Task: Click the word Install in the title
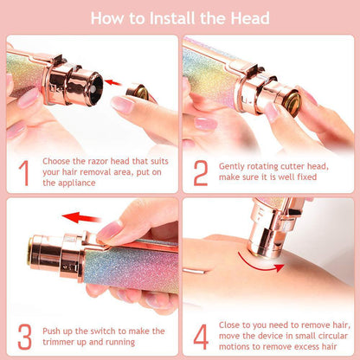177,17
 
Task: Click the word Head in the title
249,17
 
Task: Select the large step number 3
23,333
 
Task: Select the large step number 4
201,333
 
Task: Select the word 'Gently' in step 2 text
234,159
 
